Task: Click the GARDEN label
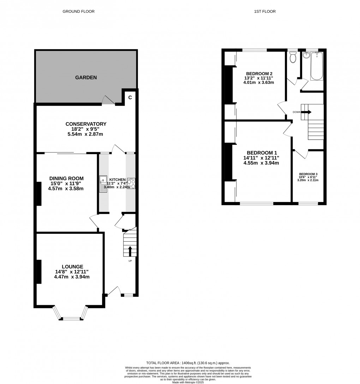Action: pos(85,77)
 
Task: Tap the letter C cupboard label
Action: pos(130,98)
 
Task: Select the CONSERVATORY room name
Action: pos(86,124)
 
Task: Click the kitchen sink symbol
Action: pos(103,184)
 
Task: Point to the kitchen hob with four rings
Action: pos(131,184)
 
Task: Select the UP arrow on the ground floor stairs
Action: pos(130,251)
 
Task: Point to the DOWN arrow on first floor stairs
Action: pos(306,112)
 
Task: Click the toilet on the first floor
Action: pos(293,57)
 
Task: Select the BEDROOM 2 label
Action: pos(259,73)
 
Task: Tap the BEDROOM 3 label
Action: pos(308,174)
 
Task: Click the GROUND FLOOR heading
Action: pos(78,11)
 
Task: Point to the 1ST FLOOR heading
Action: pos(265,11)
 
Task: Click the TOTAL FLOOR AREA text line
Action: pos(188,363)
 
